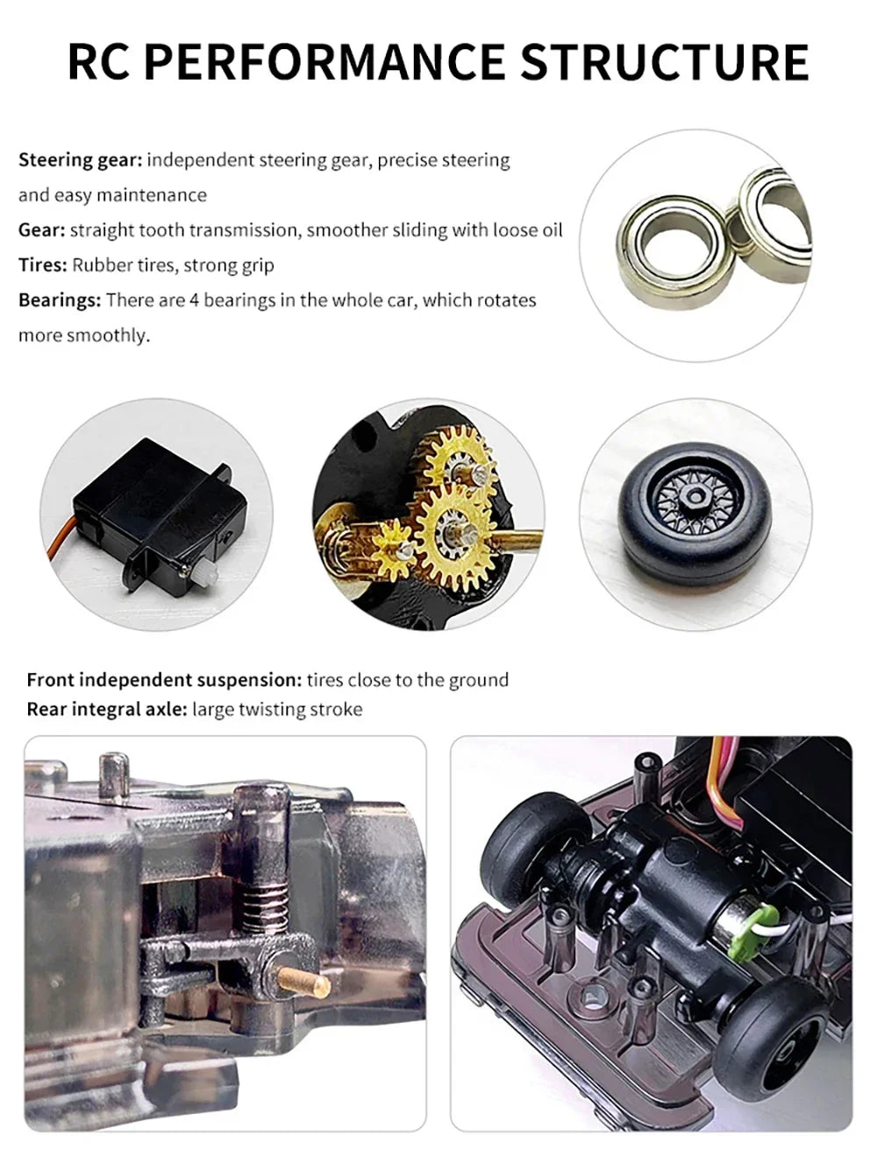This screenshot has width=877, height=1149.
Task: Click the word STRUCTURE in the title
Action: click(665, 61)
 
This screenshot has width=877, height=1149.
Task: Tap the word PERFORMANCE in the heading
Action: click(324, 61)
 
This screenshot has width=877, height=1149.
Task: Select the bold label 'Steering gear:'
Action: click(80, 160)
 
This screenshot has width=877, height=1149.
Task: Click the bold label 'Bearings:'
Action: click(60, 301)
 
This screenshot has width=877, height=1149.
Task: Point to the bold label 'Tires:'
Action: click(43, 265)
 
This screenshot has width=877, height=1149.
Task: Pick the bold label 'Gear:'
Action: click(42, 231)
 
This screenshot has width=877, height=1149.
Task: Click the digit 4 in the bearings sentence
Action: click(194, 301)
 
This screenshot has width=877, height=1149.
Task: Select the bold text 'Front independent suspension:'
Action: click(164, 680)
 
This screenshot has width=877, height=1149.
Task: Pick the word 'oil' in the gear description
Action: click(551, 231)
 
